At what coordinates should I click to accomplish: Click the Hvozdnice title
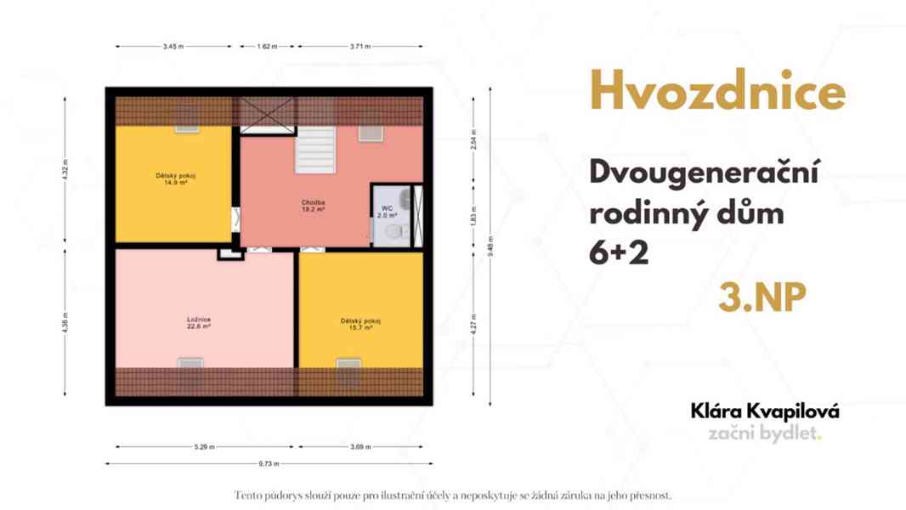click(x=717, y=91)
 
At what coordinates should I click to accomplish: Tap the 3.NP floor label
click(x=762, y=298)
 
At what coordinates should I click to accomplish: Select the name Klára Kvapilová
click(x=766, y=411)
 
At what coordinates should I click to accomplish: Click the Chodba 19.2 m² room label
click(x=313, y=205)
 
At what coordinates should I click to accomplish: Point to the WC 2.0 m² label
click(x=387, y=212)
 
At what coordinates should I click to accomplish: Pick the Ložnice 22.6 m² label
click(x=199, y=323)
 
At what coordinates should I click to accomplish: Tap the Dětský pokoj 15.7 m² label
click(x=360, y=324)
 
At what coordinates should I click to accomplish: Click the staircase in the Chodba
click(x=315, y=150)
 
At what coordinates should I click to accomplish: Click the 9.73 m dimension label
click(x=269, y=464)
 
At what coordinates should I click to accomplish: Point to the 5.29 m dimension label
click(x=205, y=446)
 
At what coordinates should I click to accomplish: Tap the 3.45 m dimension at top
click(x=173, y=47)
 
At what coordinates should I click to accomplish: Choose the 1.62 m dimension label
click(x=267, y=47)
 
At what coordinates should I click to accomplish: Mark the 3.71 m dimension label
click(x=360, y=47)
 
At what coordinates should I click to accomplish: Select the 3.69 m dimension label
click(x=360, y=446)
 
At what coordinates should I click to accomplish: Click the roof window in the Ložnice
click(x=190, y=365)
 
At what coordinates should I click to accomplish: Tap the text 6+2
click(x=620, y=252)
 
